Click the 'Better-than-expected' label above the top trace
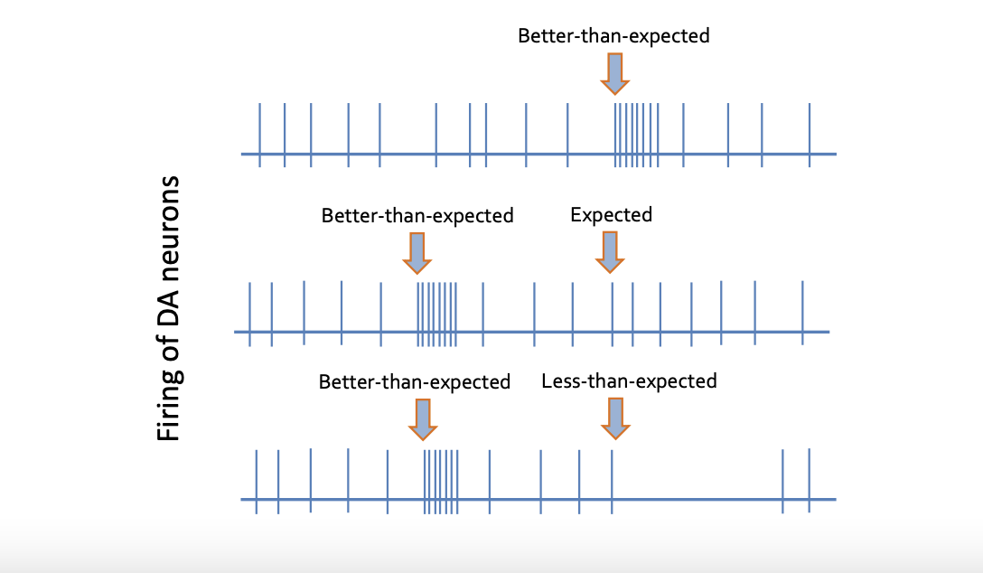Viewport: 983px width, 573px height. [x=613, y=36]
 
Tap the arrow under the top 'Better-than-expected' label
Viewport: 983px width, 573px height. [x=614, y=73]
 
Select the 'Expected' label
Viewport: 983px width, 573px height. [x=611, y=214]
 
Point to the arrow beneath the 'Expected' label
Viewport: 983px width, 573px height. [x=610, y=251]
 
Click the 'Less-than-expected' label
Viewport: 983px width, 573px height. [x=629, y=380]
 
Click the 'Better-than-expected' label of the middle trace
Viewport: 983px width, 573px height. [x=417, y=216]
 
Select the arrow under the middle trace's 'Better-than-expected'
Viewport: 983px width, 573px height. [x=417, y=252]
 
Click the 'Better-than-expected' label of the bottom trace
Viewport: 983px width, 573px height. [x=415, y=381]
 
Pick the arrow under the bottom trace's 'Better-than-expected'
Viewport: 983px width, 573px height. [x=422, y=418]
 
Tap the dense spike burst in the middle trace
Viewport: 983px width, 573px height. [x=436, y=314]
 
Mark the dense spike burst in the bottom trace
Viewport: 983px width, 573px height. [x=440, y=481]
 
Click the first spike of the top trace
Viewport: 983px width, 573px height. [x=260, y=135]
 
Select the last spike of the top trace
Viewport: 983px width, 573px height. [x=809, y=135]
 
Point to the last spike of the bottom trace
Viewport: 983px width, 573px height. [x=809, y=481]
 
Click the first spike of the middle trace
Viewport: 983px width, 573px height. [x=249, y=314]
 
